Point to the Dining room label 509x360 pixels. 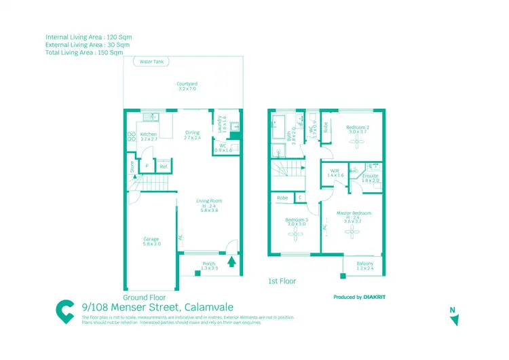pyautogui.click(x=193, y=135)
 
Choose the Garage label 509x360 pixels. pyautogui.click(x=151, y=241)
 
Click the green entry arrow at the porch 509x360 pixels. pyautogui.click(x=232, y=261)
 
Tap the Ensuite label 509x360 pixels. pyautogui.click(x=371, y=178)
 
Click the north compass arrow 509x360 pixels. pyautogui.click(x=455, y=319)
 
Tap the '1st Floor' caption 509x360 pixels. pyautogui.click(x=282, y=281)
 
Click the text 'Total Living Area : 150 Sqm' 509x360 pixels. pyautogui.click(x=84, y=52)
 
